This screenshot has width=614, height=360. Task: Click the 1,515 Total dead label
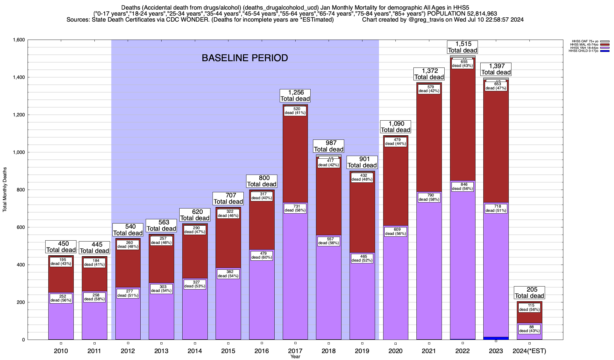[462, 47]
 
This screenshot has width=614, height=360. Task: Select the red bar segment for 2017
[295, 159]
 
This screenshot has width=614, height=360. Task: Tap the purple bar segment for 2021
[429, 270]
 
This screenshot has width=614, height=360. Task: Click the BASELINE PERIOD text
[245, 58]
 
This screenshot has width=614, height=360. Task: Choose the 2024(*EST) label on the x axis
[529, 351]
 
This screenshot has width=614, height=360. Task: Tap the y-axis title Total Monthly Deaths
[5, 190]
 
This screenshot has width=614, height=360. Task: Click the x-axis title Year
[295, 357]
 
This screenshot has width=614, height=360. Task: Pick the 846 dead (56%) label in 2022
[462, 187]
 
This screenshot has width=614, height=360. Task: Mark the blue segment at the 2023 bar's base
[496, 338]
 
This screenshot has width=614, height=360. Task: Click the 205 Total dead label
[529, 293]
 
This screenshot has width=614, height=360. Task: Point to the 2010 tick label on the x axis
[61, 351]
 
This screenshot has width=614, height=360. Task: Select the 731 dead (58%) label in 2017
[295, 208]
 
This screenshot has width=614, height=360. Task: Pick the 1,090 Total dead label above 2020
[395, 127]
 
